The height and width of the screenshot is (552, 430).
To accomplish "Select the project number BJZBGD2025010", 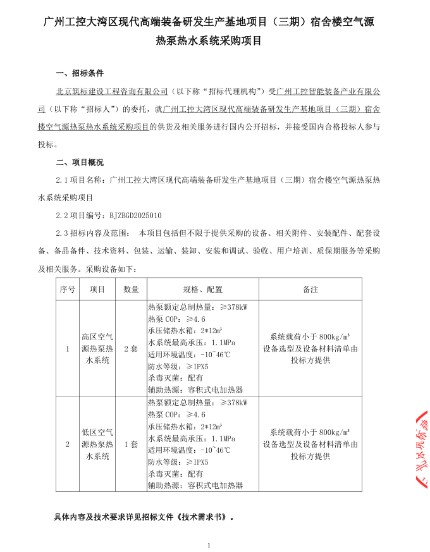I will click(x=135, y=215).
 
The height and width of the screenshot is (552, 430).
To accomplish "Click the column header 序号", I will click(x=67, y=289).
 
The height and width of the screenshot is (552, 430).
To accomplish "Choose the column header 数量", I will click(x=131, y=289).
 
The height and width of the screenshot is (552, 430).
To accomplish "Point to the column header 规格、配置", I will click(x=202, y=289).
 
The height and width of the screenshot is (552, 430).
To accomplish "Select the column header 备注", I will click(x=310, y=289).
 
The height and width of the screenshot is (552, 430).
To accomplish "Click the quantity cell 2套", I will click(x=131, y=348).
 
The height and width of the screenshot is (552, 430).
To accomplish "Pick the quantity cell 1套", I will click(x=131, y=444).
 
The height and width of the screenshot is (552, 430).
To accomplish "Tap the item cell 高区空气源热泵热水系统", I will click(x=97, y=348).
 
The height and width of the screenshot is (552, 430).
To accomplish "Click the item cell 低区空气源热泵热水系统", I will click(x=97, y=444).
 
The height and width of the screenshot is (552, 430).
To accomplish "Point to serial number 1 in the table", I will click(x=67, y=348).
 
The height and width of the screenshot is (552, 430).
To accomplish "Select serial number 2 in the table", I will click(x=67, y=444).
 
